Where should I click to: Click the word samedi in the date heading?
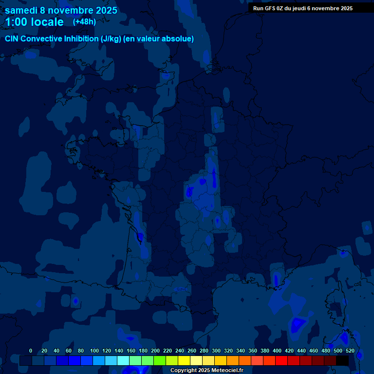point(21,10)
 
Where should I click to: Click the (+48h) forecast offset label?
point(84,22)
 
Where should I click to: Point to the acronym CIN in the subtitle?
point(12,38)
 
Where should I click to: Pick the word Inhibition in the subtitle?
point(81,38)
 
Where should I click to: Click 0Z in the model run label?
point(282,8)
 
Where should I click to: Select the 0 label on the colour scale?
point(31,351)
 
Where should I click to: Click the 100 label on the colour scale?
point(94,351)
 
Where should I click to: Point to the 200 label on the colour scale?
point(155,351)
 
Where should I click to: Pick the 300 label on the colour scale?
point(216,351)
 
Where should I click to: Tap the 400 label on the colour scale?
point(277,351)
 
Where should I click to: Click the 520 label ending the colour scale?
point(350,351)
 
